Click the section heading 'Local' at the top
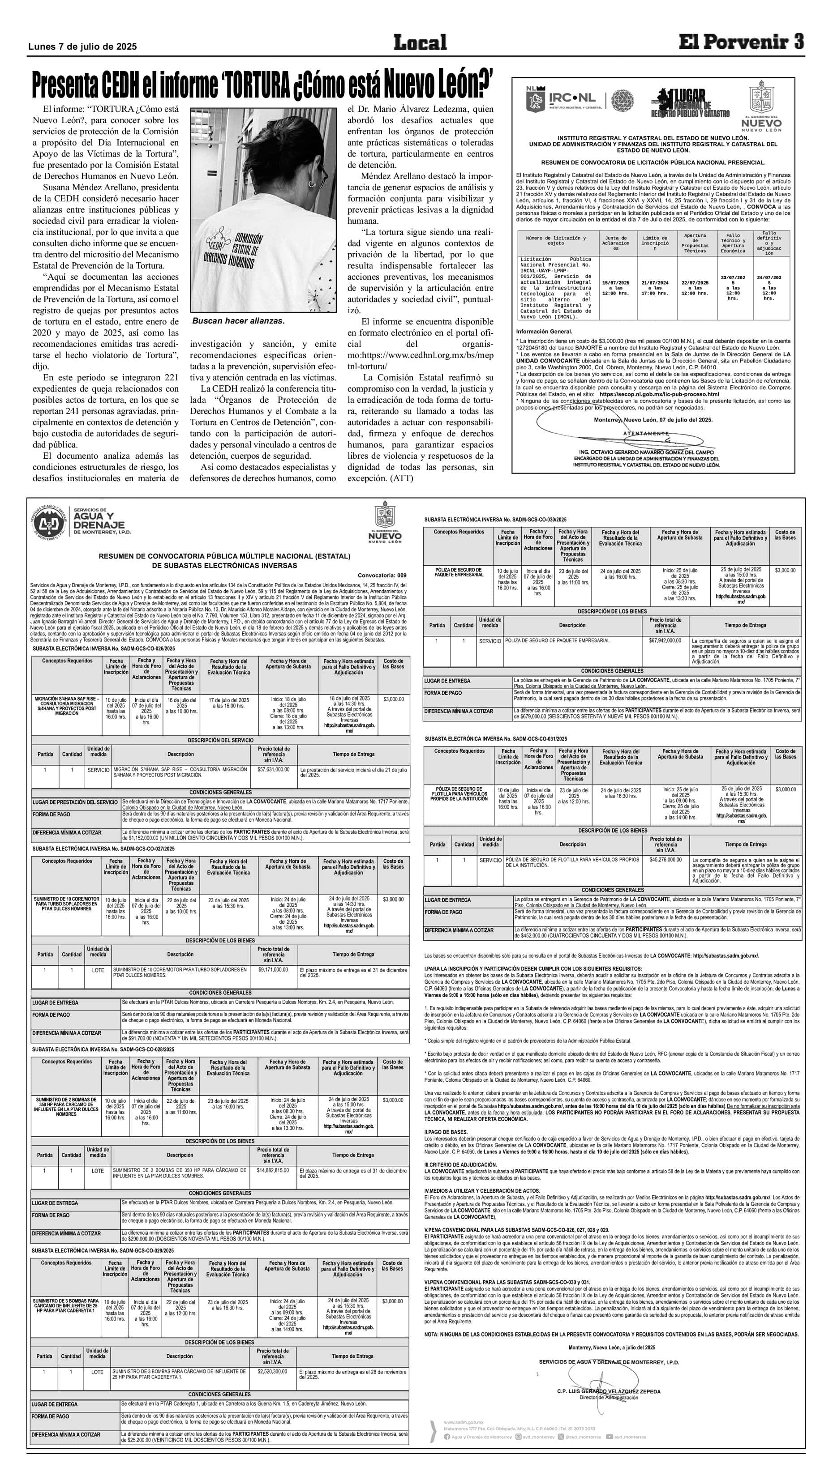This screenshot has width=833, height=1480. (420, 43)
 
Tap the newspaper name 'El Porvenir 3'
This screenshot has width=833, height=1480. (740, 42)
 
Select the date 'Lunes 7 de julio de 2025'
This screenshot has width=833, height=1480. (82, 47)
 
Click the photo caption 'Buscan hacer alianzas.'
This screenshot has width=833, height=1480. (238, 320)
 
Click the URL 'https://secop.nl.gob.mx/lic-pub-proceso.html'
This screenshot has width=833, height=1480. (659, 394)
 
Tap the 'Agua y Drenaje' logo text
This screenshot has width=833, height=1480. (99, 520)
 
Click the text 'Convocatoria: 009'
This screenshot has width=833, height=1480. (382, 575)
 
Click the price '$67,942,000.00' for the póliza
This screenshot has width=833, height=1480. (665, 640)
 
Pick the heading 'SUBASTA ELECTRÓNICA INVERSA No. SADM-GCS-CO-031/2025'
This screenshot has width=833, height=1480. (496, 739)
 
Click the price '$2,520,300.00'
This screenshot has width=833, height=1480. (272, 1371)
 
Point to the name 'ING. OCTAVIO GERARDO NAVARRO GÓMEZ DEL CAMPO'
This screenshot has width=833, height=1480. (647, 452)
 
